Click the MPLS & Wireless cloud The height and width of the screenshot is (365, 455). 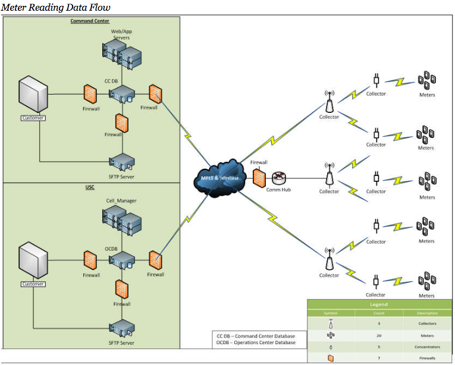tap(218, 178)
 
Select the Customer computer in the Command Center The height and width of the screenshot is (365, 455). tap(34, 95)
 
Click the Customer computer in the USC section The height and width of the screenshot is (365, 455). tap(34, 262)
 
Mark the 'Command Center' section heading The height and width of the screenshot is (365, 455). tap(90, 21)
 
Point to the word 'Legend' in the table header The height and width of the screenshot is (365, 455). tap(378, 304)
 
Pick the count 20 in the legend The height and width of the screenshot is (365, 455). tap(378, 335)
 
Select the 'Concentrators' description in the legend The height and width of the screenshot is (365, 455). tap(426, 347)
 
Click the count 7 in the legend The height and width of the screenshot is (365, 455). tap(378, 358)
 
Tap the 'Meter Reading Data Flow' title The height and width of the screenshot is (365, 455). tap(55, 7)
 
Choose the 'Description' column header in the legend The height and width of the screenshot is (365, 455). tap(426, 313)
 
